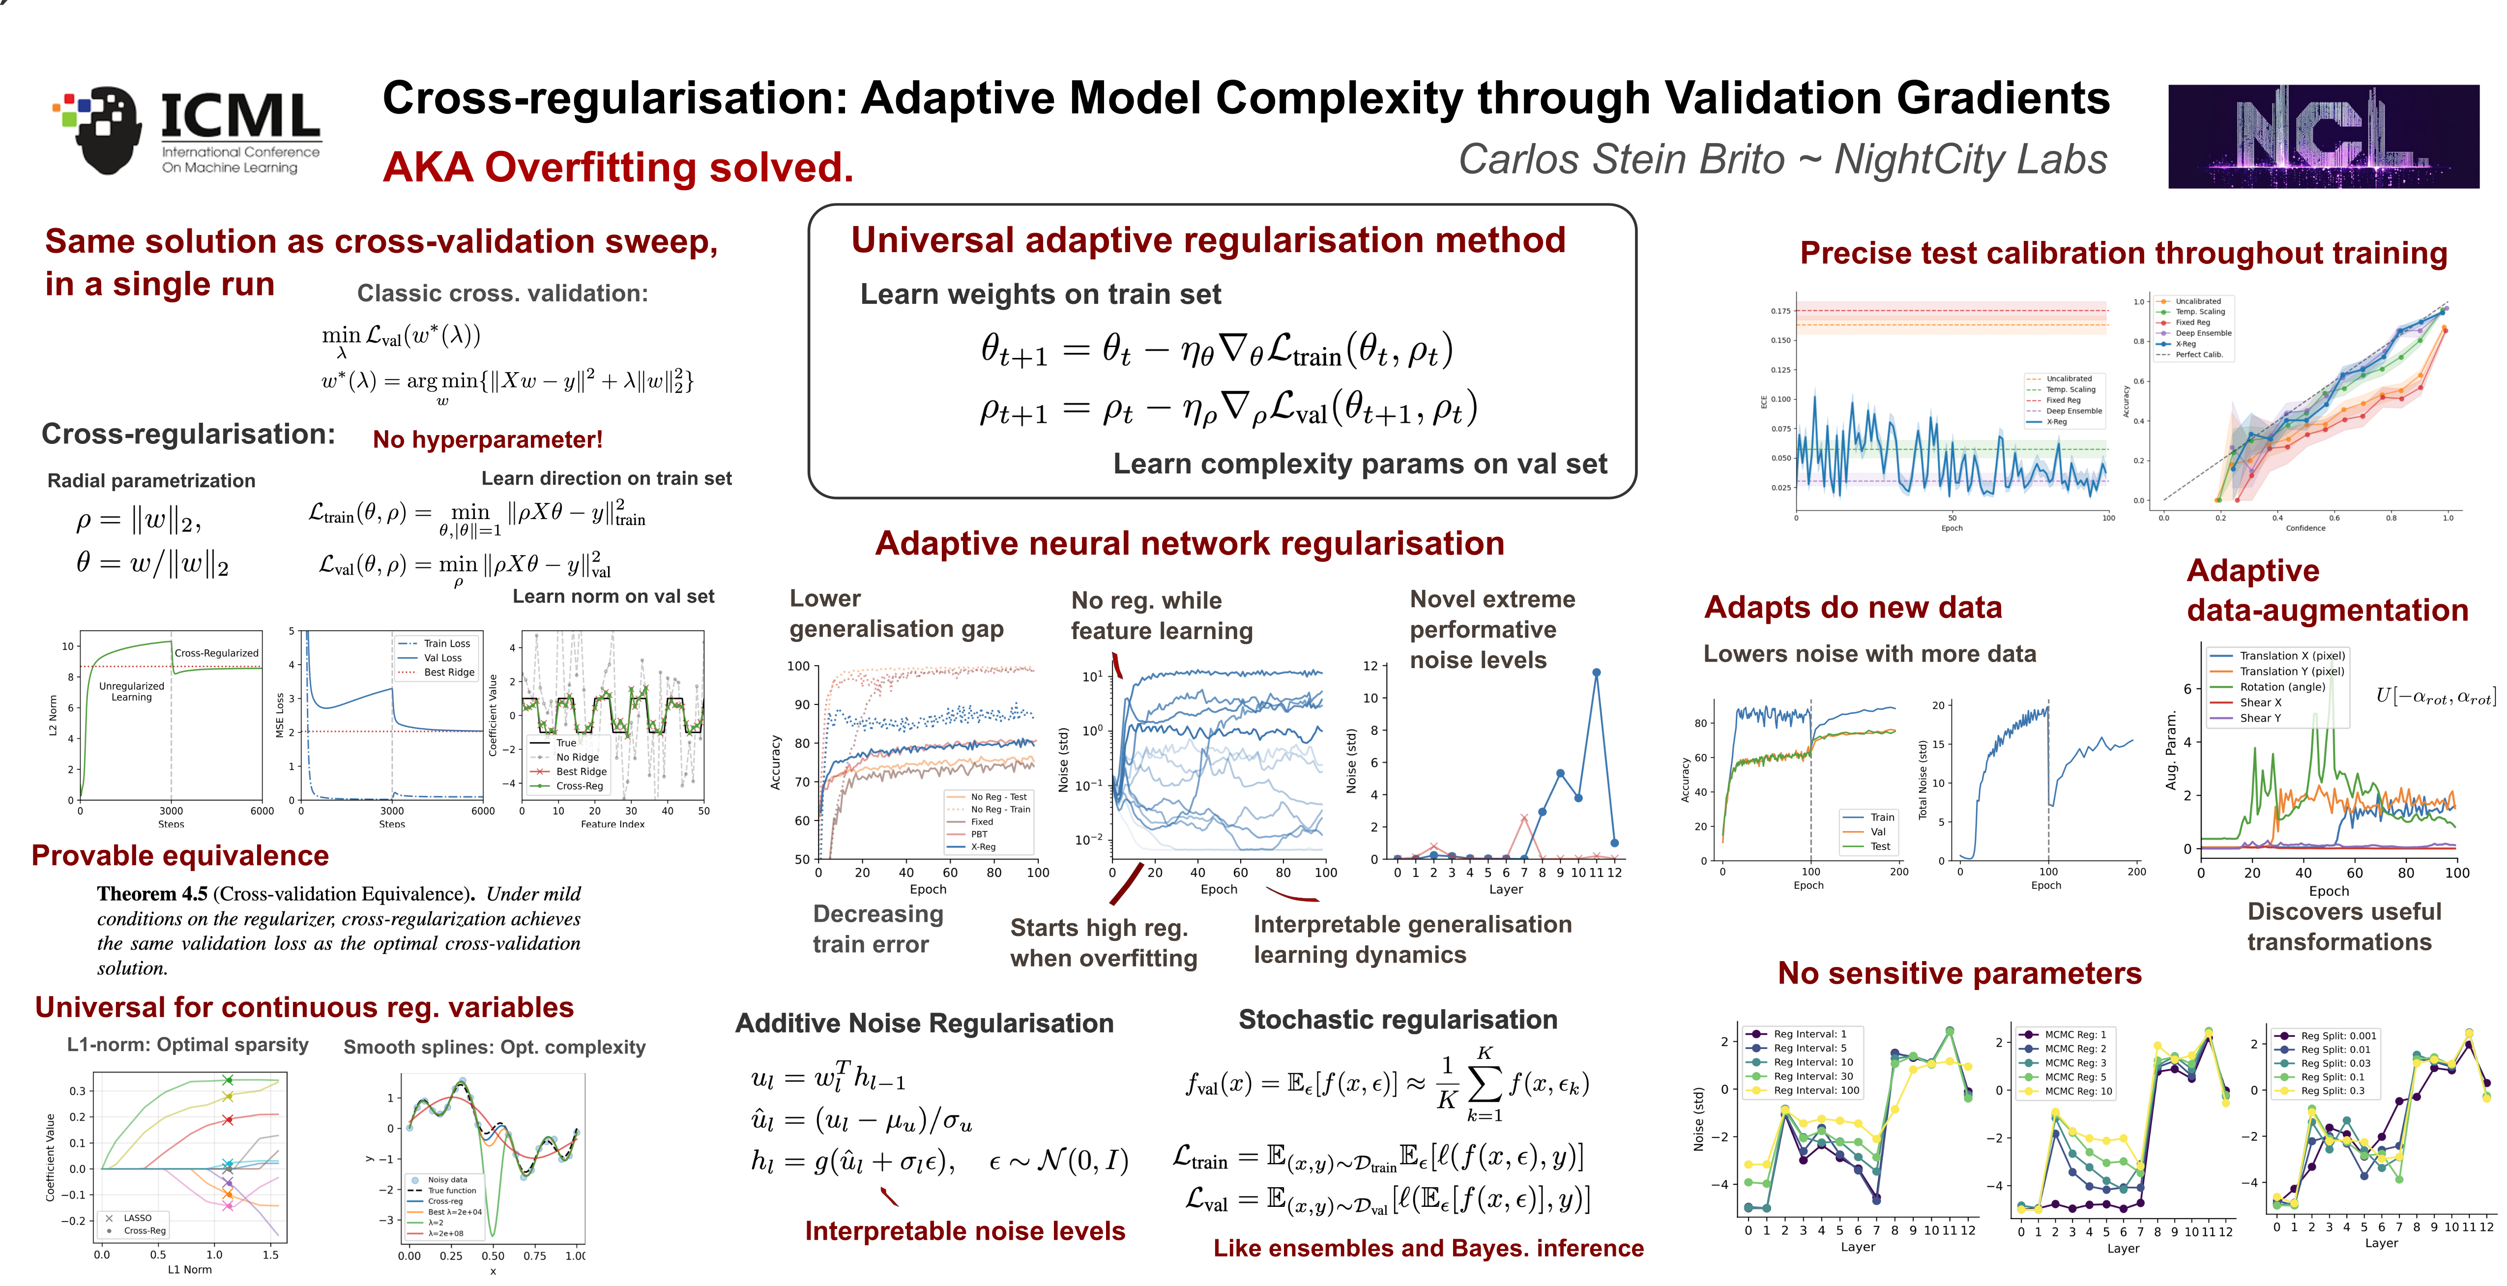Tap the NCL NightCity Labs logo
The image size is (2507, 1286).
click(2322, 136)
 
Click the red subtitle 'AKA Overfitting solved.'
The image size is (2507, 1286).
click(618, 168)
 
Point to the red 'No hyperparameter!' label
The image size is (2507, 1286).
click(488, 440)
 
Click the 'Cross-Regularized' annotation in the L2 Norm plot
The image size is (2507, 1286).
click(216, 653)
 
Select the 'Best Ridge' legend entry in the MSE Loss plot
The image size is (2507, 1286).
click(449, 672)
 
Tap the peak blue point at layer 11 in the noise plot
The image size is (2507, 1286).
click(1596, 672)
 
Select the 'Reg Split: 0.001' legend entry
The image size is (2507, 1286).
click(2338, 1036)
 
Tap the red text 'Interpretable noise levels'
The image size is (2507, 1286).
click(964, 1231)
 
